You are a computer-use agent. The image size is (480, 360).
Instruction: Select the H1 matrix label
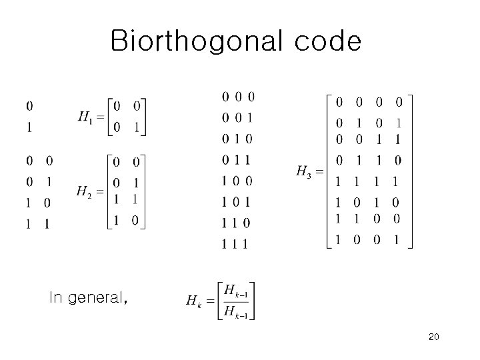pyautogui.click(x=85, y=117)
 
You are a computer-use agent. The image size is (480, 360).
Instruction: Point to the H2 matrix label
pyautogui.click(x=84, y=192)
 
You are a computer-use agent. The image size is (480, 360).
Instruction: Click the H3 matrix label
pyautogui.click(x=303, y=171)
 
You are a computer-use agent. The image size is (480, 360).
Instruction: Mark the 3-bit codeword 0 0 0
pyautogui.click(x=238, y=97)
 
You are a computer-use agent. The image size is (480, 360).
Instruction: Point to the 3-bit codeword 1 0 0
pyautogui.click(x=238, y=181)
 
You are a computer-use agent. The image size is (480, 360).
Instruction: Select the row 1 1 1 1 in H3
pyautogui.click(x=368, y=181)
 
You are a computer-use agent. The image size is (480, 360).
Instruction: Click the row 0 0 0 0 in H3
pyautogui.click(x=368, y=102)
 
